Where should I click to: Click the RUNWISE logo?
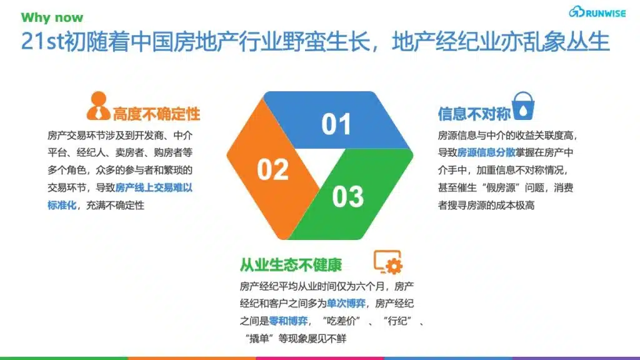(x=597, y=12)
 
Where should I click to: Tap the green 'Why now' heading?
(x=52, y=17)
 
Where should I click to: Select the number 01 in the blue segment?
(x=336, y=124)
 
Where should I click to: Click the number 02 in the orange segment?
(x=272, y=169)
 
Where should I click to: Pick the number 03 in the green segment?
(x=347, y=197)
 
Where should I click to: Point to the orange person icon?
(x=98, y=106)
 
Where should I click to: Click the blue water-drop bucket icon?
(x=523, y=106)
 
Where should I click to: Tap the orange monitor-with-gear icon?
(x=387, y=262)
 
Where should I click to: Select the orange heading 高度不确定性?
(x=156, y=114)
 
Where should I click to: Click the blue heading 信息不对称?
(x=474, y=114)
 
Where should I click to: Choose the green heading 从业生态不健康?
(x=291, y=265)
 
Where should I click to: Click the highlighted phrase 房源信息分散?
(x=486, y=152)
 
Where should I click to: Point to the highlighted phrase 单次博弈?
(x=346, y=304)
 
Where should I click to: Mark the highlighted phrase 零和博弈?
(x=288, y=321)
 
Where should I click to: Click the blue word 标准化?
(x=62, y=205)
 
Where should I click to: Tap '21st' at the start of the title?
(x=42, y=41)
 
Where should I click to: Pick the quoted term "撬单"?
(x=259, y=339)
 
